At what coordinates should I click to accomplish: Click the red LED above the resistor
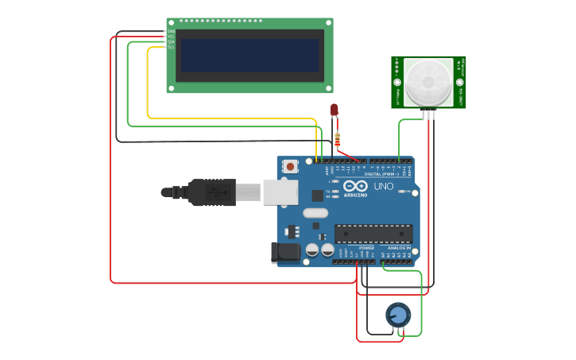(x=334, y=110)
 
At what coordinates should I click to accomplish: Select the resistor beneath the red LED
(x=338, y=141)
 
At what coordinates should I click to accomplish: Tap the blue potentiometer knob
(x=398, y=315)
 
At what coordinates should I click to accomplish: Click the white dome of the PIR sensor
(x=428, y=82)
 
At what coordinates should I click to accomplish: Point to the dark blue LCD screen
(x=249, y=56)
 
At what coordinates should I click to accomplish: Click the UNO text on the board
(x=384, y=186)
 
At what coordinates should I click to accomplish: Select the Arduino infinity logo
(x=355, y=186)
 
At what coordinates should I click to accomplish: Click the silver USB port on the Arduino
(x=280, y=192)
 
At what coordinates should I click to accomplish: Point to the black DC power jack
(x=285, y=253)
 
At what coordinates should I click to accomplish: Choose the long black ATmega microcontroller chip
(x=373, y=234)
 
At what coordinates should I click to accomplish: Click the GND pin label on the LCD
(x=171, y=32)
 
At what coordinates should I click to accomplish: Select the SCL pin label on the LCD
(x=171, y=48)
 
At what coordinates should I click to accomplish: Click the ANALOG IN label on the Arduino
(x=399, y=248)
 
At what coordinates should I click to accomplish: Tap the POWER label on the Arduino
(x=366, y=248)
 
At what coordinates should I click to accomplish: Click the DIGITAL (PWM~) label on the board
(x=378, y=174)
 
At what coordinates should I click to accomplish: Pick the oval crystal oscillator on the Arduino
(x=315, y=212)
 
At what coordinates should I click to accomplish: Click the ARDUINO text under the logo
(x=355, y=195)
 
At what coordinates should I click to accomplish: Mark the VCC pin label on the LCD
(x=171, y=37)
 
